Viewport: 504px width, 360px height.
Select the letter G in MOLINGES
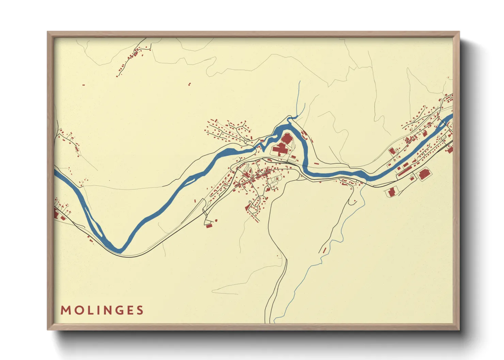tap(118, 310)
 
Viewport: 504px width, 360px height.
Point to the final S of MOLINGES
tap(140, 310)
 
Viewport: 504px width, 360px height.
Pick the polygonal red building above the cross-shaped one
tap(286, 138)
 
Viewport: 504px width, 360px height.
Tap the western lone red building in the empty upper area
tap(83, 85)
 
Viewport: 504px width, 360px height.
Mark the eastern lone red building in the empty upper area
tap(190, 84)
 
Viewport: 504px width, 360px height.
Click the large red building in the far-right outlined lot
tap(424, 174)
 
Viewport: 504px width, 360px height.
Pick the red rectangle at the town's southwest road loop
tap(209, 226)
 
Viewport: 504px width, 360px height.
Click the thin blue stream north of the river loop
tap(299, 99)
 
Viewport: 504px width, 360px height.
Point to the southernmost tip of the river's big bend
tap(119, 251)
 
